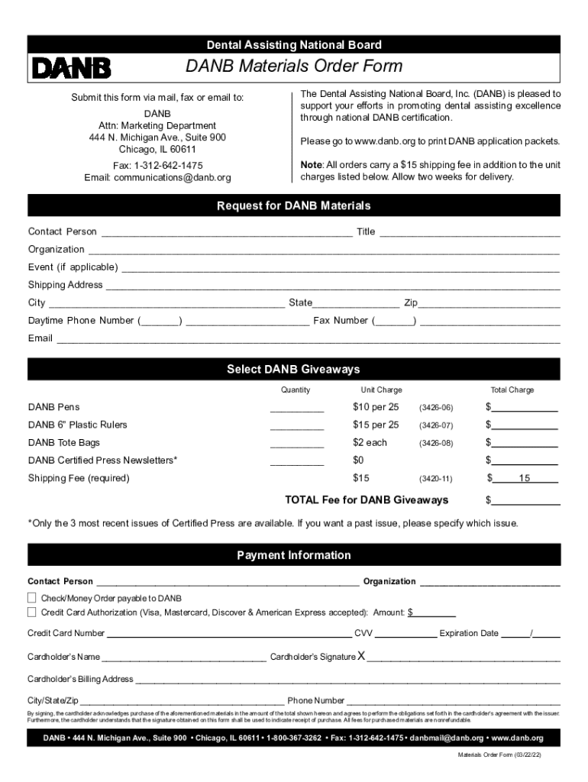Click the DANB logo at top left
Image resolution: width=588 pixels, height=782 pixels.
71,69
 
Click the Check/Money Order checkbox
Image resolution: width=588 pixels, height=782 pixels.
32,598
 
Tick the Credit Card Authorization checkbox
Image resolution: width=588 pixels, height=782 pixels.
32,612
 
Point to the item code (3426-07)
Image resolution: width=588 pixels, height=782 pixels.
435,425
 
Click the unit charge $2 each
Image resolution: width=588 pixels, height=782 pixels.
370,443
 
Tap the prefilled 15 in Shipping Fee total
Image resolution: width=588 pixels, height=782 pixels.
525,479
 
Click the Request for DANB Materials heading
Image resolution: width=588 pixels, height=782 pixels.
294,206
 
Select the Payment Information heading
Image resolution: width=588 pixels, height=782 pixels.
294,555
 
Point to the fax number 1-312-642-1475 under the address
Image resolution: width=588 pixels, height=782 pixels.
169,165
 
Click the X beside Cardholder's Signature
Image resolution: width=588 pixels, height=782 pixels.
362,656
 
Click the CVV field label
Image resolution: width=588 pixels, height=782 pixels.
363,633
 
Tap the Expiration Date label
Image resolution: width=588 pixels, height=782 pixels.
469,633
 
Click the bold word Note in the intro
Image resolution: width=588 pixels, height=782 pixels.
311,165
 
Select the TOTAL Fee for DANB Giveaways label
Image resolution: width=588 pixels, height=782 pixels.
367,500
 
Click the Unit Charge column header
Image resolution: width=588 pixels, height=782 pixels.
381,390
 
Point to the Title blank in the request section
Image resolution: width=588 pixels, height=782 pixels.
470,232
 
